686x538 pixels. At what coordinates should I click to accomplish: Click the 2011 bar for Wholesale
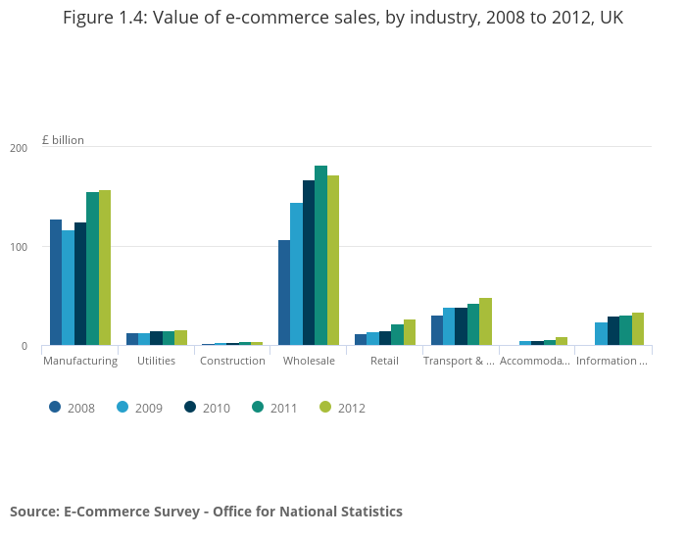pos(320,256)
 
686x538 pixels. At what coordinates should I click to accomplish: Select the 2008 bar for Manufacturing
pos(56,282)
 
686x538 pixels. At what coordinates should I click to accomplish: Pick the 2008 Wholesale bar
pos(284,293)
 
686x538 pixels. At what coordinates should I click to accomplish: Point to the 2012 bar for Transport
pos(485,321)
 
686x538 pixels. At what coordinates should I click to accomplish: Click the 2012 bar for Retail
pos(410,332)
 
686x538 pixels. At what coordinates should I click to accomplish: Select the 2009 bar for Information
pos(601,334)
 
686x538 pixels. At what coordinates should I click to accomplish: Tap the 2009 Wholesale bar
pos(296,274)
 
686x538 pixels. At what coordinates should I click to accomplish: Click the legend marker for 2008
pos(56,407)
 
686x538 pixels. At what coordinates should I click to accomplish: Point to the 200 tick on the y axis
pos(19,148)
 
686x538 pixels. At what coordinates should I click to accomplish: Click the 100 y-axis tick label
pos(19,247)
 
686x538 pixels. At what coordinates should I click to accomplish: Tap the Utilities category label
pos(157,361)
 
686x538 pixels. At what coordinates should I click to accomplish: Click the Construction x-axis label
pos(232,361)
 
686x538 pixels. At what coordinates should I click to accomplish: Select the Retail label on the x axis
pos(384,361)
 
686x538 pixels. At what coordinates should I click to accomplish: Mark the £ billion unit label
pos(63,140)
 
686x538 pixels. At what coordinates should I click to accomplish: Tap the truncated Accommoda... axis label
pos(534,361)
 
